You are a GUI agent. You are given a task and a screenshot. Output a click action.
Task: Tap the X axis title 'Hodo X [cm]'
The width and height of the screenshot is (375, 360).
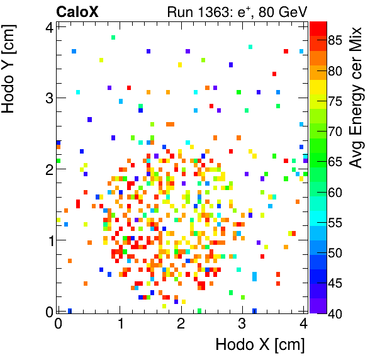pos(260,344)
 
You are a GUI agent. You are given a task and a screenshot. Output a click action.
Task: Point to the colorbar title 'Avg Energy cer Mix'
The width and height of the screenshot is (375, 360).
pos(357,98)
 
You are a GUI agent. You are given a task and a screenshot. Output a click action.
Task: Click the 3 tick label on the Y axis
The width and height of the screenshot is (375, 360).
pos(48,98)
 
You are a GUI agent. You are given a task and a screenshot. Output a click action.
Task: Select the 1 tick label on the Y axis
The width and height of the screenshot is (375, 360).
pos(48,240)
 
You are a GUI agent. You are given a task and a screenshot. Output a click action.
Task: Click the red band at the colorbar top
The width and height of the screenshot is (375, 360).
pos(318,28)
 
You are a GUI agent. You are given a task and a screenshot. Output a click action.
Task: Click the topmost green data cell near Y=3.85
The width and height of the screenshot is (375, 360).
pos(113,38)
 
